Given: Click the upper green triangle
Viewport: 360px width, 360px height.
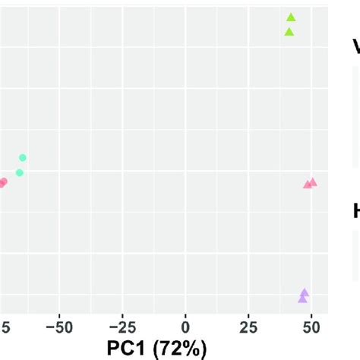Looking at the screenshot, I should (x=291, y=17).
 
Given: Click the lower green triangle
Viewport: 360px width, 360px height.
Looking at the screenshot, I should (x=289, y=31).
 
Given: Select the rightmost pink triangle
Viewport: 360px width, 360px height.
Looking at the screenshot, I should (x=313, y=182).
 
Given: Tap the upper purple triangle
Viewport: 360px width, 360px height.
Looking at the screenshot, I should (x=305, y=292).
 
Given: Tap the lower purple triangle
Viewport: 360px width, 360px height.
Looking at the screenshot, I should (x=303, y=298).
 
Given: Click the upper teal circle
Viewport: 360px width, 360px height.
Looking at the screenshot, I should (x=23, y=157).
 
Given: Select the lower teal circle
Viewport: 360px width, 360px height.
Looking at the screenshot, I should (x=20, y=172).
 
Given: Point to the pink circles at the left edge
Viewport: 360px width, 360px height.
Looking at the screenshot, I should (x=2, y=182).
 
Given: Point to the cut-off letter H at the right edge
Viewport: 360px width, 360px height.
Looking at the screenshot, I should (x=355, y=211).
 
